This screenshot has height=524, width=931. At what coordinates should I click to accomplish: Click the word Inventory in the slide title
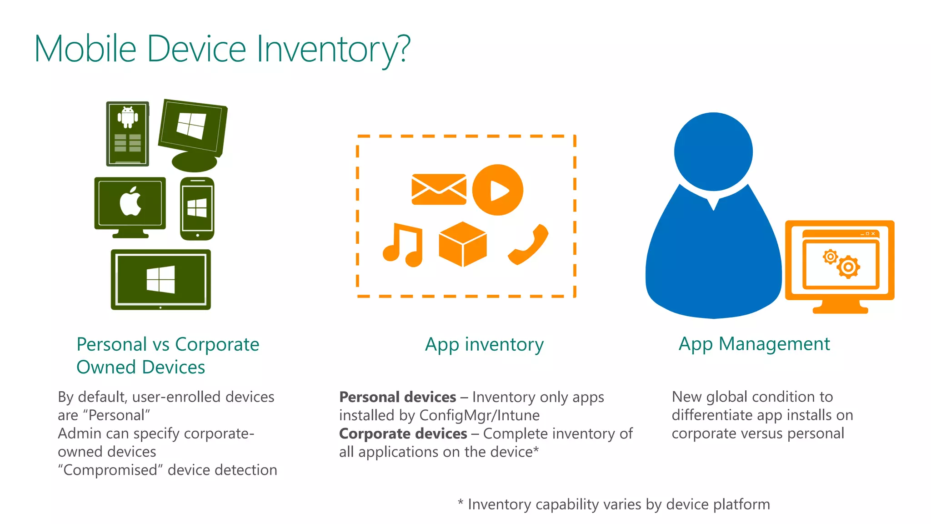click(333, 49)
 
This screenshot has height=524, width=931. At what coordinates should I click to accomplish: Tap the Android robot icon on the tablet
click(128, 117)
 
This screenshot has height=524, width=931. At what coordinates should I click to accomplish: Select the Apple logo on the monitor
click(130, 201)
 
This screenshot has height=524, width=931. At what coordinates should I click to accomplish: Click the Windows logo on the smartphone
click(197, 208)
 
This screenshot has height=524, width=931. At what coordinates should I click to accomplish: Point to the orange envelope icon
click(439, 189)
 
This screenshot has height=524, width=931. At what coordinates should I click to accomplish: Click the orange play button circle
click(498, 190)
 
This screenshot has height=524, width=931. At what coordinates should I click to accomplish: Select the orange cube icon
click(463, 244)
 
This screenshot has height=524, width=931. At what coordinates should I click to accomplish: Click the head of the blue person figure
click(713, 151)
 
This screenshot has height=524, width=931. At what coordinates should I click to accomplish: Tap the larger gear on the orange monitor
click(848, 267)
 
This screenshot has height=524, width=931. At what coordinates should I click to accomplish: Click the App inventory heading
click(484, 344)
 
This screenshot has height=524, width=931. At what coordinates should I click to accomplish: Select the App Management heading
click(754, 344)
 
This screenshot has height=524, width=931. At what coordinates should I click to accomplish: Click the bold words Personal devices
click(398, 397)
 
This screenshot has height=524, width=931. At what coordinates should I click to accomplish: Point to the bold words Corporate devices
click(403, 433)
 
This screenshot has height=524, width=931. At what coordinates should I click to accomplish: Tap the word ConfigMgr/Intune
click(479, 415)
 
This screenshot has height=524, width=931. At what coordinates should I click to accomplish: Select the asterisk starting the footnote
click(460, 503)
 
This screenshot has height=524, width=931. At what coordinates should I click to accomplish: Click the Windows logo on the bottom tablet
click(161, 279)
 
